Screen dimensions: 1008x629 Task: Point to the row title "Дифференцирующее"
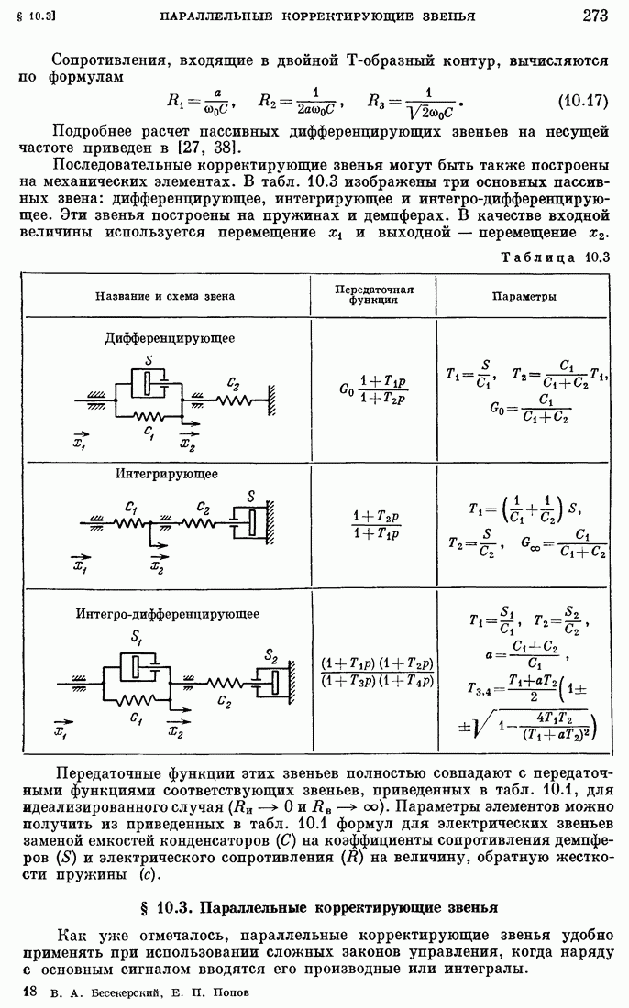click(170, 338)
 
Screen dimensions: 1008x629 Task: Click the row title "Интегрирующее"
click(166, 474)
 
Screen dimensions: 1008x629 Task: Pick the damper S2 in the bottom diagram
click(270, 681)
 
